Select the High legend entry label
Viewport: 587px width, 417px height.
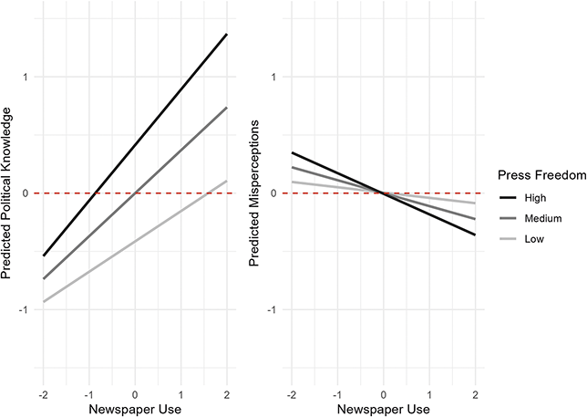tap(535, 197)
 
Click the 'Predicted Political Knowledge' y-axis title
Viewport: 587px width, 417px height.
tap(8, 193)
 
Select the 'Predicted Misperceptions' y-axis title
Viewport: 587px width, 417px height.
tap(256, 193)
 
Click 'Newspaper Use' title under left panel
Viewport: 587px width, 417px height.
tap(135, 408)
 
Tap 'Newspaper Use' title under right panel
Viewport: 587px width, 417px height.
tap(383, 408)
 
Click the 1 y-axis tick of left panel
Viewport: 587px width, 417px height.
tap(26, 77)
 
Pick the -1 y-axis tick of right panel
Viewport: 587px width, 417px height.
tap(272, 310)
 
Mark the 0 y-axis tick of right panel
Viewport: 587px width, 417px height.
tap(273, 193)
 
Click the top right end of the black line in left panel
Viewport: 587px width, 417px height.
tap(227, 34)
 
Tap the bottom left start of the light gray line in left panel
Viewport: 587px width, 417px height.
tap(43, 301)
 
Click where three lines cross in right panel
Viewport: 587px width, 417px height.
tap(383, 193)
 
